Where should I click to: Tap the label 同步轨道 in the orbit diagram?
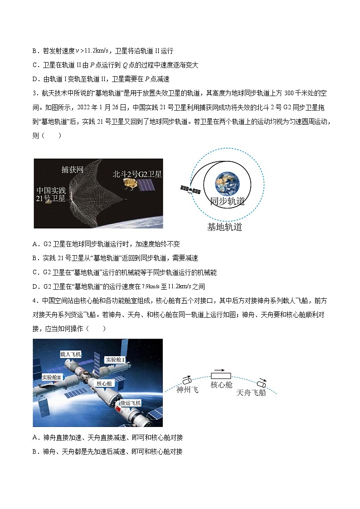click(227, 202)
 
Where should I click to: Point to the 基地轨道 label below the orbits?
click(224, 227)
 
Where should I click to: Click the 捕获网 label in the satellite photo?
click(73, 170)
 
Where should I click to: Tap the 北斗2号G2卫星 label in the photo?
click(137, 174)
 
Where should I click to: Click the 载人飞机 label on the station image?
click(71, 354)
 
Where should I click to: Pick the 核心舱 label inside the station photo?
click(105, 383)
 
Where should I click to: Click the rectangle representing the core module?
click(221, 376)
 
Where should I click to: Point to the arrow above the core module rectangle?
click(220, 370)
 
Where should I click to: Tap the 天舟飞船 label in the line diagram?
click(251, 393)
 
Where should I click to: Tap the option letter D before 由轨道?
click(35, 79)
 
